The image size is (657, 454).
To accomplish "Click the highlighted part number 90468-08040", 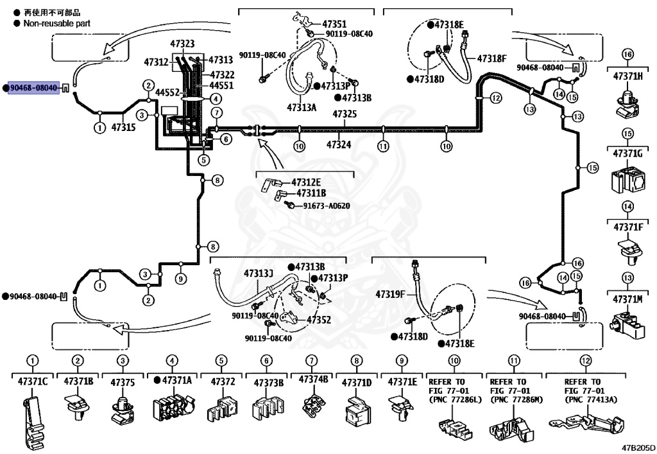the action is coord(34,88).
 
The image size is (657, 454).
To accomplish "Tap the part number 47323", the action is coord(182,44).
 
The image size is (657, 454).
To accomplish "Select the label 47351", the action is coord(334,24).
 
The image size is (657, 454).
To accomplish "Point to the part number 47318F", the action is coord(491,58).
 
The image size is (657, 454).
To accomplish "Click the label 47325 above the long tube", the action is coord(345,114).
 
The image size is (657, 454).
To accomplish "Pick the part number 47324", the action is coord(339,145).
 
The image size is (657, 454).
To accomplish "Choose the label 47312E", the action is coord(306,182).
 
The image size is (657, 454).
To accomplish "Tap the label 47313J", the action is coord(259,274).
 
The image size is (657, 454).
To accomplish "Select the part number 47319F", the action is coord(390,294).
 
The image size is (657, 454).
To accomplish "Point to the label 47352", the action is coord(319,320).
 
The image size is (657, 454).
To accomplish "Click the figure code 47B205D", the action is coord(638,448).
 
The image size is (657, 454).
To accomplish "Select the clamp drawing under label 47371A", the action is coord(173,406).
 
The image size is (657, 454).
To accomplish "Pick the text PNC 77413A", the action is coord(591,399).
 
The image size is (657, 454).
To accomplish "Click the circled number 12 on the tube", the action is coord(496,98).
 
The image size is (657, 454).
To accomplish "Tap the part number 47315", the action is coord(124,127).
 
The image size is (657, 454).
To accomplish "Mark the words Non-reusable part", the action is coord(57,24).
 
